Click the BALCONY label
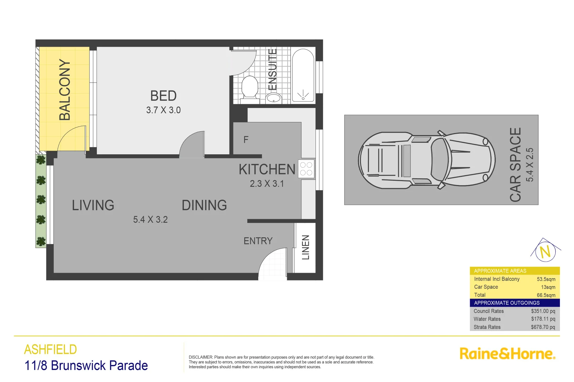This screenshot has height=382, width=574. coord(64,90)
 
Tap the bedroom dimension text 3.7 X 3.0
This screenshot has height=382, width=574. coord(163,110)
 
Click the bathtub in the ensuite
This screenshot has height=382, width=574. coord(303,75)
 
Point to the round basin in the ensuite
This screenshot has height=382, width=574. coord(273,98)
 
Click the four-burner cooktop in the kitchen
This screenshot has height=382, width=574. coord(306,169)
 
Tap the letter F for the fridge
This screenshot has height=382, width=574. coord(246,140)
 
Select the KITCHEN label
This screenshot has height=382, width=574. coord(267,169)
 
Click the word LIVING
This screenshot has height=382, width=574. coord(93,205)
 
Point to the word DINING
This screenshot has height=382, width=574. coord(204,205)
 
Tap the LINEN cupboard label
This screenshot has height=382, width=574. coord(306,247)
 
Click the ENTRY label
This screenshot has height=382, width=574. coord(258,241)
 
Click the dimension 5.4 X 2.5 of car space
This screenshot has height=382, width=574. coord(529,164)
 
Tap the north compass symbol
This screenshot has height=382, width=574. coord(545,251)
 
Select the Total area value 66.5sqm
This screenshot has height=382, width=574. coord(546,295)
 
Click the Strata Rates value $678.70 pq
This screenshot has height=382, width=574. coord(543,327)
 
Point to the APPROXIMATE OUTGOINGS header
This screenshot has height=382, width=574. coord(506,303)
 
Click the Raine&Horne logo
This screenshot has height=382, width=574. coord(507,354)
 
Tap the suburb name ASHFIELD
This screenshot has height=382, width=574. coord(51,349)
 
